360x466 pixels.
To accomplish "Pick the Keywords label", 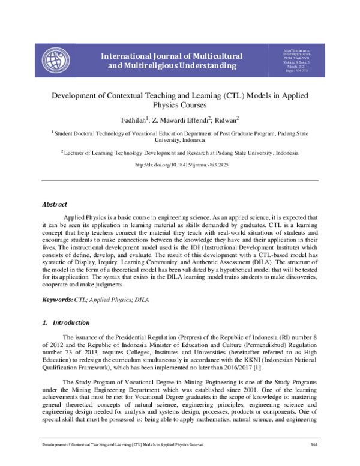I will point(56,298).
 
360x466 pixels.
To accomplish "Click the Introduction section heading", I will point(67,322).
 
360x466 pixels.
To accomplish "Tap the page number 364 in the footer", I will point(313,461).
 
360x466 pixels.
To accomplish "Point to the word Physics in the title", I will point(179,105).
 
